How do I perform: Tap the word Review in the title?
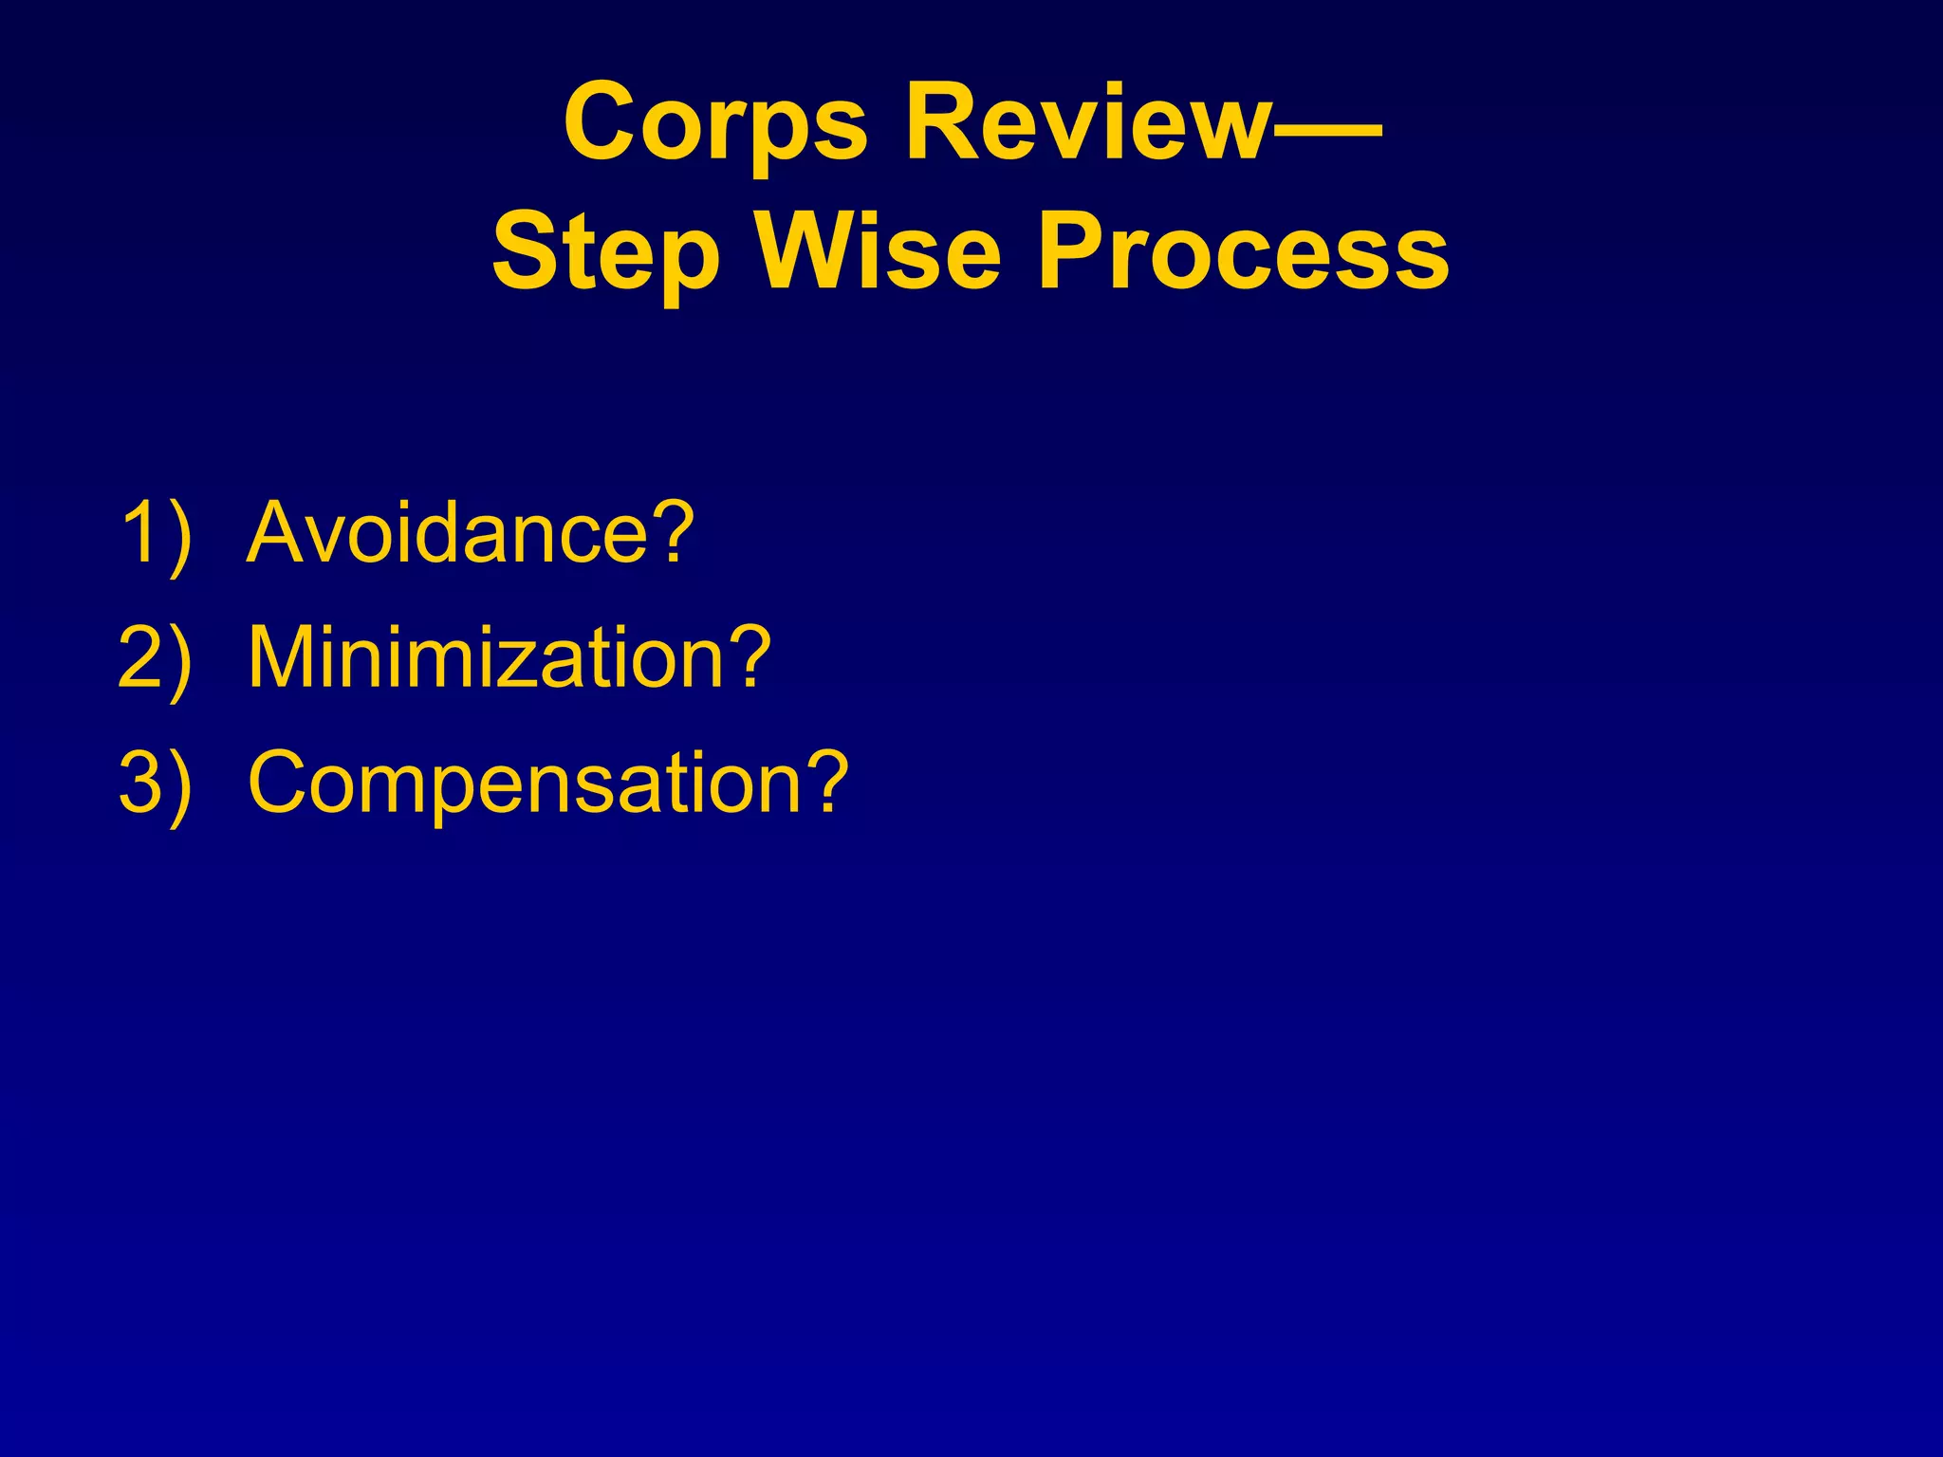coord(1087,123)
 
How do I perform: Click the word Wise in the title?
coord(879,252)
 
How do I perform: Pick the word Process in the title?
coord(1243,252)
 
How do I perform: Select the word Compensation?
coord(526,784)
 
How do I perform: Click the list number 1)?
coord(156,533)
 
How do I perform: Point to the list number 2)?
coord(156,658)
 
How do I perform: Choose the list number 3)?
coord(156,784)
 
